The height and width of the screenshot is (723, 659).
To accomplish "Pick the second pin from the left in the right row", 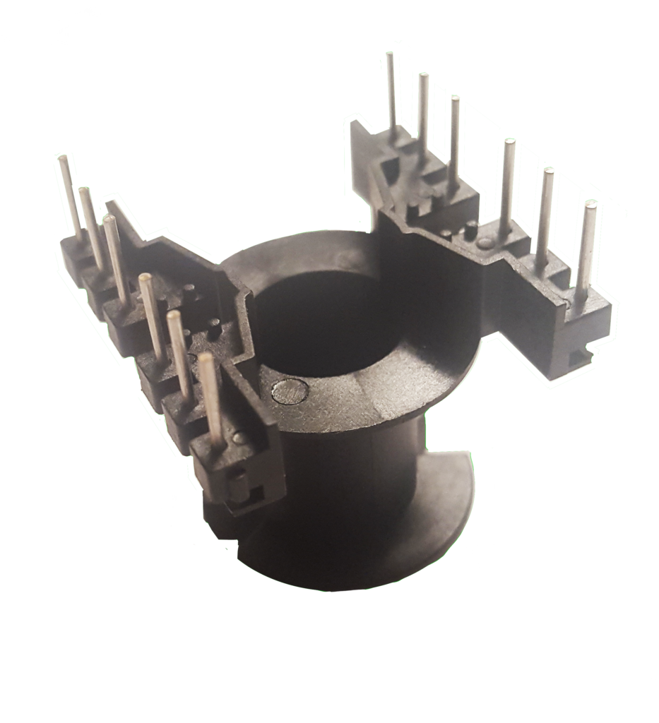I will [422, 113].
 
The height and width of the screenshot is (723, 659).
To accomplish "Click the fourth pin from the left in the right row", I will [506, 184].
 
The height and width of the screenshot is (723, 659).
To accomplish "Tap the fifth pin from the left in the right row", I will [545, 212].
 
